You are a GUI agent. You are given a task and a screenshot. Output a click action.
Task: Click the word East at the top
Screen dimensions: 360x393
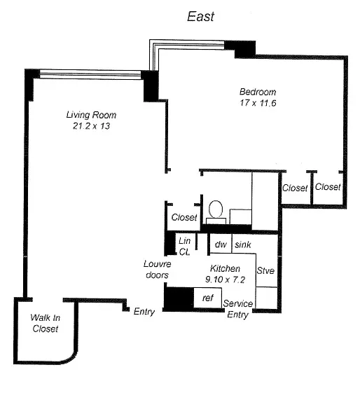(x=200, y=17)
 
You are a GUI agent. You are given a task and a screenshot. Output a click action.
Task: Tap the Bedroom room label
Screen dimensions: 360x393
(x=258, y=92)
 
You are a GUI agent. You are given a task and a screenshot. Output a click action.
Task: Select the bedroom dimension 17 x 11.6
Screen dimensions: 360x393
(x=258, y=103)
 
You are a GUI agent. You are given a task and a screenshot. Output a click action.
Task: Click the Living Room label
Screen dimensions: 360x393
(x=91, y=115)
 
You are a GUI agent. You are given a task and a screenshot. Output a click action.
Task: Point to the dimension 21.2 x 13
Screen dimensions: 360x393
(x=92, y=126)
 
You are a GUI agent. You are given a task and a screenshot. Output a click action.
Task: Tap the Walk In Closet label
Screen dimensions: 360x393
(x=45, y=324)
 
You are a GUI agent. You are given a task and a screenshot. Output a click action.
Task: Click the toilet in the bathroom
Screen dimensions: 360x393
(x=216, y=212)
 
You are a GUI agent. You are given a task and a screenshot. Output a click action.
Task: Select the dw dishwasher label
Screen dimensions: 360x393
(x=221, y=244)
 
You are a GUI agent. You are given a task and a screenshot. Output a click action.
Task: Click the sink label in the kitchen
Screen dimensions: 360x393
(x=243, y=244)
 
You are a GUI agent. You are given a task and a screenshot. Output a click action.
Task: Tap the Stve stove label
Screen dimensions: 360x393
(x=265, y=270)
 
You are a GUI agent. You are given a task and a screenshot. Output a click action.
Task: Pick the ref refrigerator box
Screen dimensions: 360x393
(x=208, y=298)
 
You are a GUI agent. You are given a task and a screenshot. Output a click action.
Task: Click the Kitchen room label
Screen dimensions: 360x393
(x=225, y=268)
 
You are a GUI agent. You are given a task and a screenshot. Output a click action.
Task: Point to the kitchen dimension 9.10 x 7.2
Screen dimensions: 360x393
(x=225, y=280)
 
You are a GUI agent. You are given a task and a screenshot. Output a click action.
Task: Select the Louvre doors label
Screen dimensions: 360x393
(x=158, y=270)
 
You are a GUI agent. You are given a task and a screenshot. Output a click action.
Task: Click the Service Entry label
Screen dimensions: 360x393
(x=237, y=309)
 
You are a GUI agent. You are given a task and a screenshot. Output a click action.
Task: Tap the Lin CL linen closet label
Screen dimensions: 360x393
(x=185, y=247)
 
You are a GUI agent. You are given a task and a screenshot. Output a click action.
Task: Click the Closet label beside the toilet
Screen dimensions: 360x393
(x=184, y=217)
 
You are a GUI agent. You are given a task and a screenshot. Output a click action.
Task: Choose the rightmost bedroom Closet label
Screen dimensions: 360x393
(x=328, y=187)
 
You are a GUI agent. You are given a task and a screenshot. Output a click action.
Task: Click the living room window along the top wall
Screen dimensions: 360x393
(x=90, y=74)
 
